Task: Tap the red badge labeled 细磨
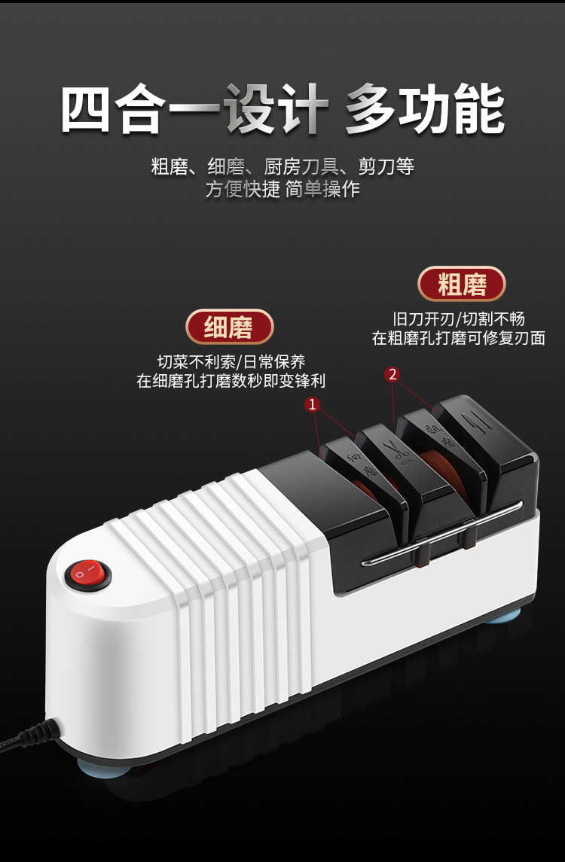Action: pos(229,327)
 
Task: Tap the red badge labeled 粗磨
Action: pos(461,284)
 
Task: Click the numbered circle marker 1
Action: pos(313,404)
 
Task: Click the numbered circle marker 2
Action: pos(392,374)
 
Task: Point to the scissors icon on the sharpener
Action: pos(396,452)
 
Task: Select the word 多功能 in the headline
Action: pos(425,111)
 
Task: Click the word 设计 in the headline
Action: pos(275,111)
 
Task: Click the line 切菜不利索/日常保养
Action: pos(231,361)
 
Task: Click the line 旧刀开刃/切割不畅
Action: pos(458,318)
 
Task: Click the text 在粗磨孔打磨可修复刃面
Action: pos(458,338)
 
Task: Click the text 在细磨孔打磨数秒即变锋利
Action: pos(231,381)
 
